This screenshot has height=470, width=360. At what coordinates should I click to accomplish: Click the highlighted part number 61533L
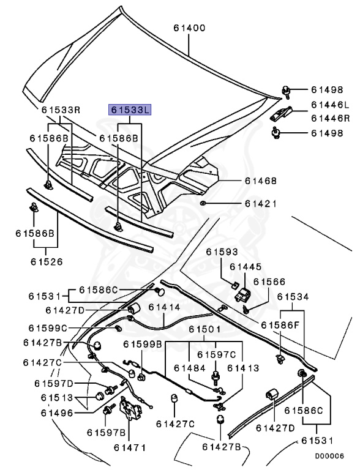(130, 110)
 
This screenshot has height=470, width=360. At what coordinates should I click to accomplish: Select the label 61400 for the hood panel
(190, 28)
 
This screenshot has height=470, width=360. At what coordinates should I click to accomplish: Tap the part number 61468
(261, 181)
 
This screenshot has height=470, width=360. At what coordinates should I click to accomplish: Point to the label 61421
(261, 204)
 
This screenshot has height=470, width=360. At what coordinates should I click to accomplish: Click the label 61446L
(331, 105)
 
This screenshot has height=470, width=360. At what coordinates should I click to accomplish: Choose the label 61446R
(331, 118)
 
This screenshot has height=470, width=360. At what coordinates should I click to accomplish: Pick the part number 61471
(130, 448)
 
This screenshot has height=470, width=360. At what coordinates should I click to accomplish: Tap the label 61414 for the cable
(165, 307)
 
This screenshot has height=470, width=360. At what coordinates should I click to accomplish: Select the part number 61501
(204, 329)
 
